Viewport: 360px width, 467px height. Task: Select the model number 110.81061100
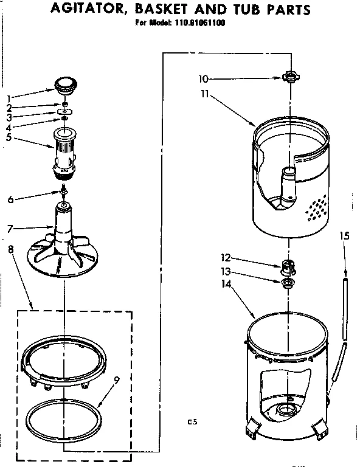(194, 25)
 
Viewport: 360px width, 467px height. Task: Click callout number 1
(9, 97)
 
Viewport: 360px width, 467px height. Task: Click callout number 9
(116, 381)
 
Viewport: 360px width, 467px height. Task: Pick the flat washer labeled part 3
(64, 112)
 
